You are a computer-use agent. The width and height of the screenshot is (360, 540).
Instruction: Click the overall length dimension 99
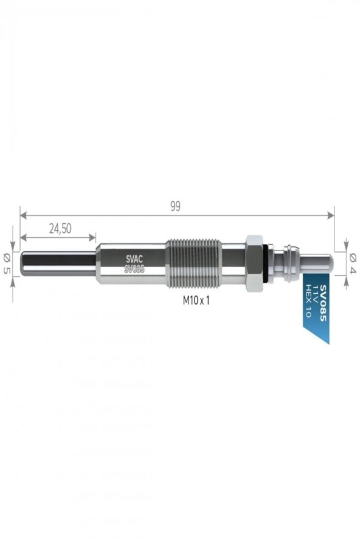click(175, 206)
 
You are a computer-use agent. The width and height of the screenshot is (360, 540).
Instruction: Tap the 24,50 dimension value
click(60, 228)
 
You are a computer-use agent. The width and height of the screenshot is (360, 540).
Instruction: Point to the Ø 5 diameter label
click(6, 263)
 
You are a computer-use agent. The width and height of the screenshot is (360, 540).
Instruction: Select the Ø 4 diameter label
click(352, 263)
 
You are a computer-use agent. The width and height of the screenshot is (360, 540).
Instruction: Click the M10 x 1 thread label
click(196, 300)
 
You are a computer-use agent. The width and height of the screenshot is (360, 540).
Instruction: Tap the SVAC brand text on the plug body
click(134, 259)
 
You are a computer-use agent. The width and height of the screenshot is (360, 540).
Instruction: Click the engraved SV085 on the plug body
click(134, 269)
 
